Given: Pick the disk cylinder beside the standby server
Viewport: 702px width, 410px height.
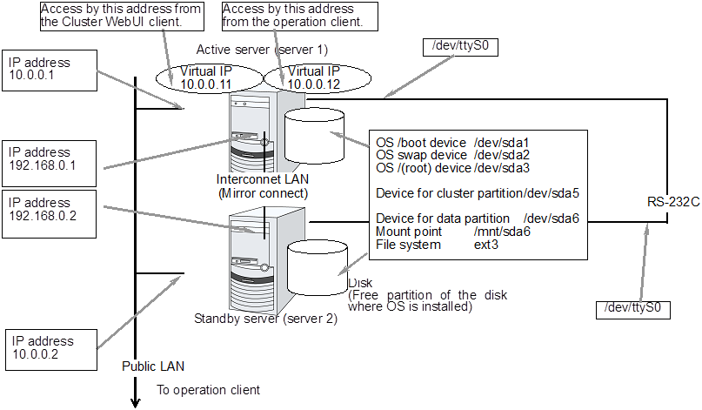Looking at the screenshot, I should pos(316,265).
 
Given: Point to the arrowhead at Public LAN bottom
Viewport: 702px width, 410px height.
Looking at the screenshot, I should pos(135,401).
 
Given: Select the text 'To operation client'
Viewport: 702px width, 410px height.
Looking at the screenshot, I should pos(208,390).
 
